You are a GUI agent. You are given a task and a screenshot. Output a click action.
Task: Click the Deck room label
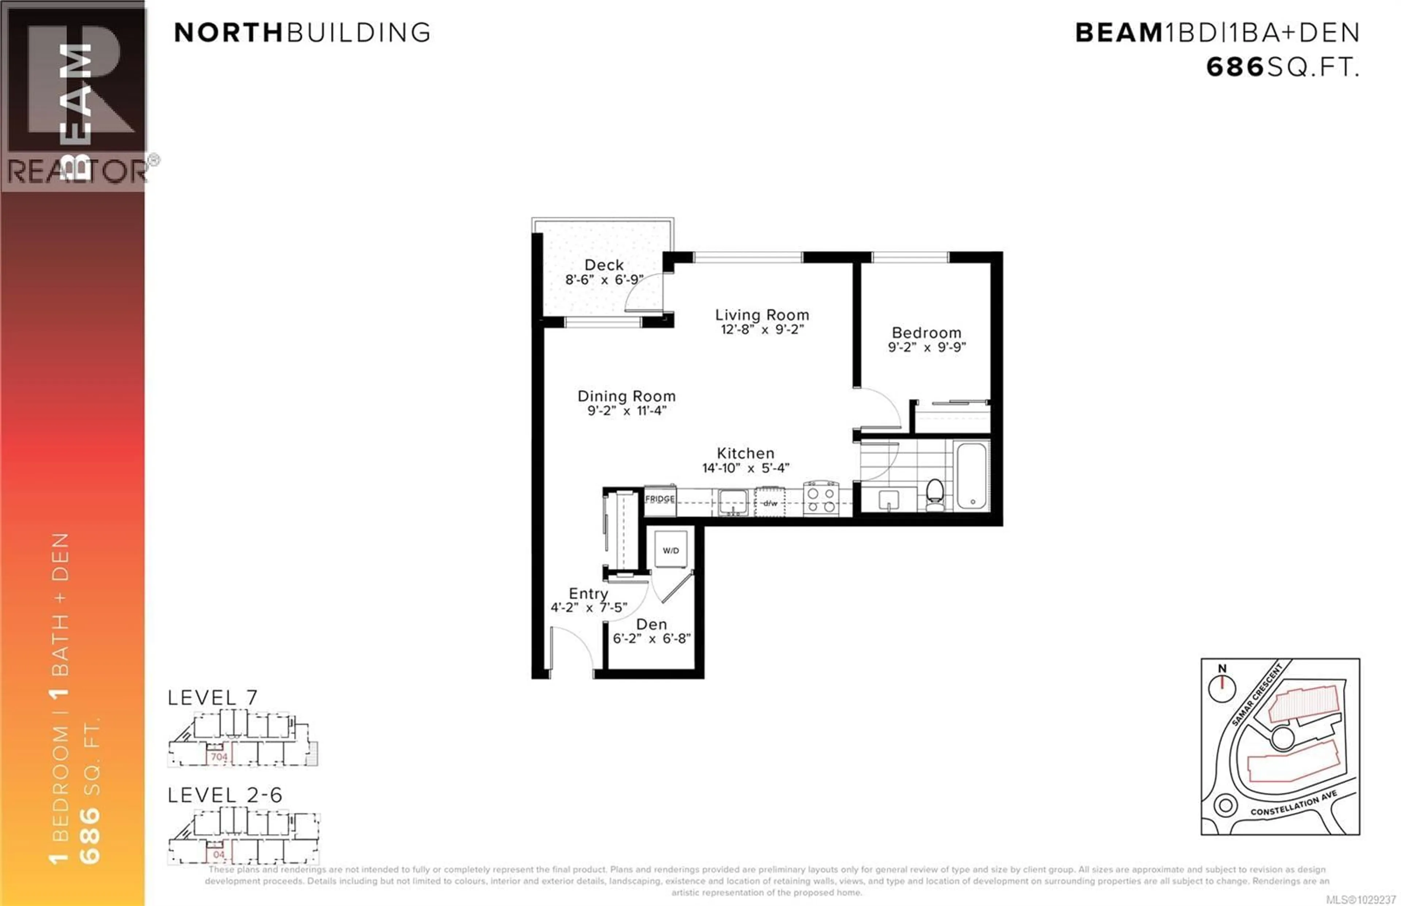coord(604,265)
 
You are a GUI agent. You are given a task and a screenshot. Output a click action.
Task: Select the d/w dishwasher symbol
coord(770,503)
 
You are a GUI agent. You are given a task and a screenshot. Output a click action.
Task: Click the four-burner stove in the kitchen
coord(821,498)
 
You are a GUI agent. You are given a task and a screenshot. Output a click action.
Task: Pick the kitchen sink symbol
coord(733,502)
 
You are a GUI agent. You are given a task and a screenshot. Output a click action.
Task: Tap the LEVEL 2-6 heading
coord(225,795)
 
